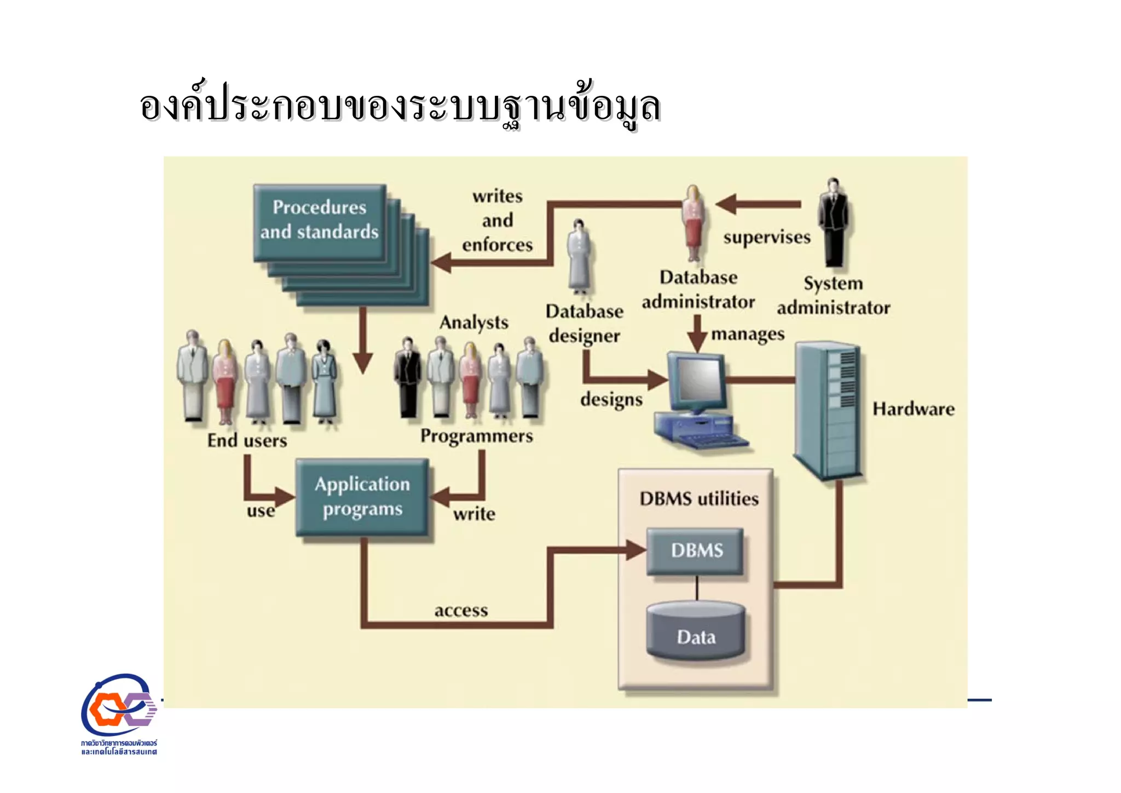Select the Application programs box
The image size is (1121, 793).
(x=362, y=497)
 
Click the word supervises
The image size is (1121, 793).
(x=766, y=238)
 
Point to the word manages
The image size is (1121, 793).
(x=747, y=334)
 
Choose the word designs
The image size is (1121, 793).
(x=611, y=399)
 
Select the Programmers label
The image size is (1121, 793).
(x=476, y=436)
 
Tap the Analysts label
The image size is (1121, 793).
(x=473, y=323)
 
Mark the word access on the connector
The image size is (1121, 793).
(x=461, y=611)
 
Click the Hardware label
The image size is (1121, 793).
(x=913, y=409)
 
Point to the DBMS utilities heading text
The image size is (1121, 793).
(x=699, y=499)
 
